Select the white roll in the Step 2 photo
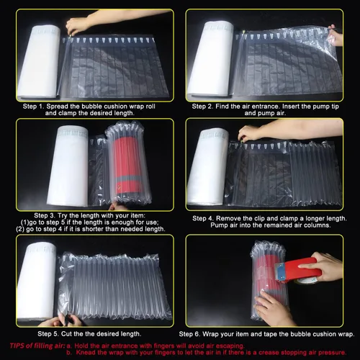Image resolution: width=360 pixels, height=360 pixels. (211, 59)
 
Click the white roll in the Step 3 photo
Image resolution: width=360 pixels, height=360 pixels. (68, 166)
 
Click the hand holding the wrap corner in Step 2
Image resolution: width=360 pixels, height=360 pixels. (336, 35)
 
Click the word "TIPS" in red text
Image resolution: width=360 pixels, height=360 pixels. (17, 346)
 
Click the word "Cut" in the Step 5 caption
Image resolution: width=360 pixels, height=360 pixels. (66, 334)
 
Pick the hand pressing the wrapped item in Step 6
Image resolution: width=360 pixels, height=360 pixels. (274, 308)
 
